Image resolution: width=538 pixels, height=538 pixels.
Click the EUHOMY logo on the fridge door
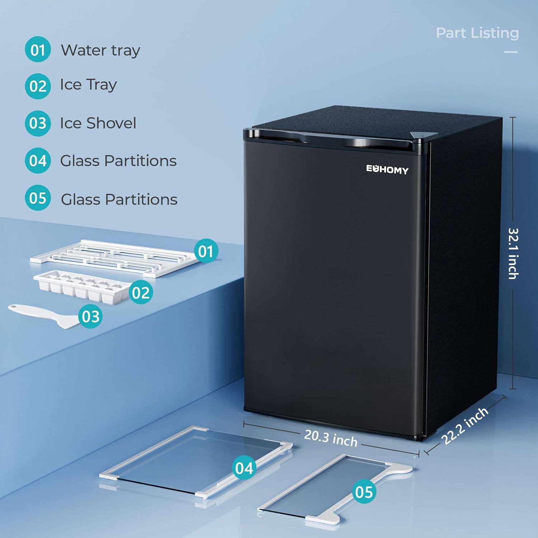click(x=387, y=170)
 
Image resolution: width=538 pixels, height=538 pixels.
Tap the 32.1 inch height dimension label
click(x=513, y=254)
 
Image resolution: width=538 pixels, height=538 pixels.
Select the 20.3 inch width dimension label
click(x=331, y=438)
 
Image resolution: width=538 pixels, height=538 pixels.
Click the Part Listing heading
click(x=477, y=33)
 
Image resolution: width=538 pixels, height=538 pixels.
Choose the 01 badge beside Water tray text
click(x=38, y=49)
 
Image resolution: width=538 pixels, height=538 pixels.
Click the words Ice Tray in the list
click(x=88, y=85)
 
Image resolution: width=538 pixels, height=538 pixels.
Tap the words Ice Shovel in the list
click(x=98, y=123)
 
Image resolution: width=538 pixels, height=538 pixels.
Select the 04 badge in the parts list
click(x=38, y=161)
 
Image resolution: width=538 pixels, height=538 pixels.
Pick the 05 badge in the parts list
click(x=38, y=198)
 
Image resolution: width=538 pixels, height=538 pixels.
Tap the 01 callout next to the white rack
click(x=206, y=251)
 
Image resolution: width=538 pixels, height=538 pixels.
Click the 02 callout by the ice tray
click(x=141, y=293)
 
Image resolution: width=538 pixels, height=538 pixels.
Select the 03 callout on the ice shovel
click(x=90, y=316)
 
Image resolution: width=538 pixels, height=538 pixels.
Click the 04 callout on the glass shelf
click(x=244, y=468)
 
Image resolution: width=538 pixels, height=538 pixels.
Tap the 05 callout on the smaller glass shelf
click(x=364, y=492)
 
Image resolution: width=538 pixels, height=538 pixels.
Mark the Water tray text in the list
click(x=100, y=51)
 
